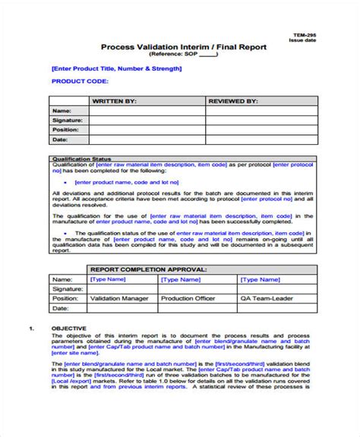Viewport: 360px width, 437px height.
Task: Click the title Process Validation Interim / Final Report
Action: coord(184,46)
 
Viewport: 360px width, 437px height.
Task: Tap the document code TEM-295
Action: coord(304,36)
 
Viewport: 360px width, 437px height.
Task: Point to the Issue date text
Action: coord(304,43)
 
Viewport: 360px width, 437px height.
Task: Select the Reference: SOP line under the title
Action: coord(183,55)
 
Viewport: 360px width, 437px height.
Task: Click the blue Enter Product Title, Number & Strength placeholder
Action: coord(116,68)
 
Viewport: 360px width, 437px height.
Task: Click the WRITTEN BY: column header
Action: coord(114,99)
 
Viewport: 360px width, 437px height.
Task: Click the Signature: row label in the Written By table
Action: coord(67,120)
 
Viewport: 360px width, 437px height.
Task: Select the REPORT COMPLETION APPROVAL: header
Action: coord(141,269)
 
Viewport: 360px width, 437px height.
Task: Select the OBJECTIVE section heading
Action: coord(68,328)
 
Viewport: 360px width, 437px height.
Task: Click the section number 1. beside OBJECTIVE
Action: coord(31,328)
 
